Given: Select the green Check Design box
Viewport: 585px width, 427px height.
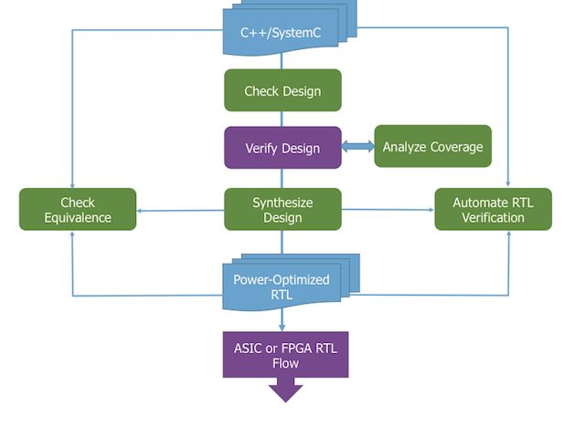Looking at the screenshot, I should point(282,91).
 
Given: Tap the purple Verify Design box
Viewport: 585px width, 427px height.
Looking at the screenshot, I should point(282,148).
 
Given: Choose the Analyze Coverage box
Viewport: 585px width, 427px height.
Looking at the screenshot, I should point(432,147).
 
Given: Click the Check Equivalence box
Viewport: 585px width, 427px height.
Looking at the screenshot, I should point(78,209).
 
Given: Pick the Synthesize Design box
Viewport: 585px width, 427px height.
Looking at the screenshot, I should point(282,209).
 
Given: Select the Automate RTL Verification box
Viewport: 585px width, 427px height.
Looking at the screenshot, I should point(493,209).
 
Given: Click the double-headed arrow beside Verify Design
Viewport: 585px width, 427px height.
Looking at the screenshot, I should point(357,147).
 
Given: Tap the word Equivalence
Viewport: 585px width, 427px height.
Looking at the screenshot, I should point(78,218).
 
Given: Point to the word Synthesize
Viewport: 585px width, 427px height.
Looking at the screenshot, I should point(282,202).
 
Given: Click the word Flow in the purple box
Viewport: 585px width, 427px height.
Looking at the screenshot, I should point(285,363).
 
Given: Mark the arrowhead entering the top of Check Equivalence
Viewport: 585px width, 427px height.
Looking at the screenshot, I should point(72,183).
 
